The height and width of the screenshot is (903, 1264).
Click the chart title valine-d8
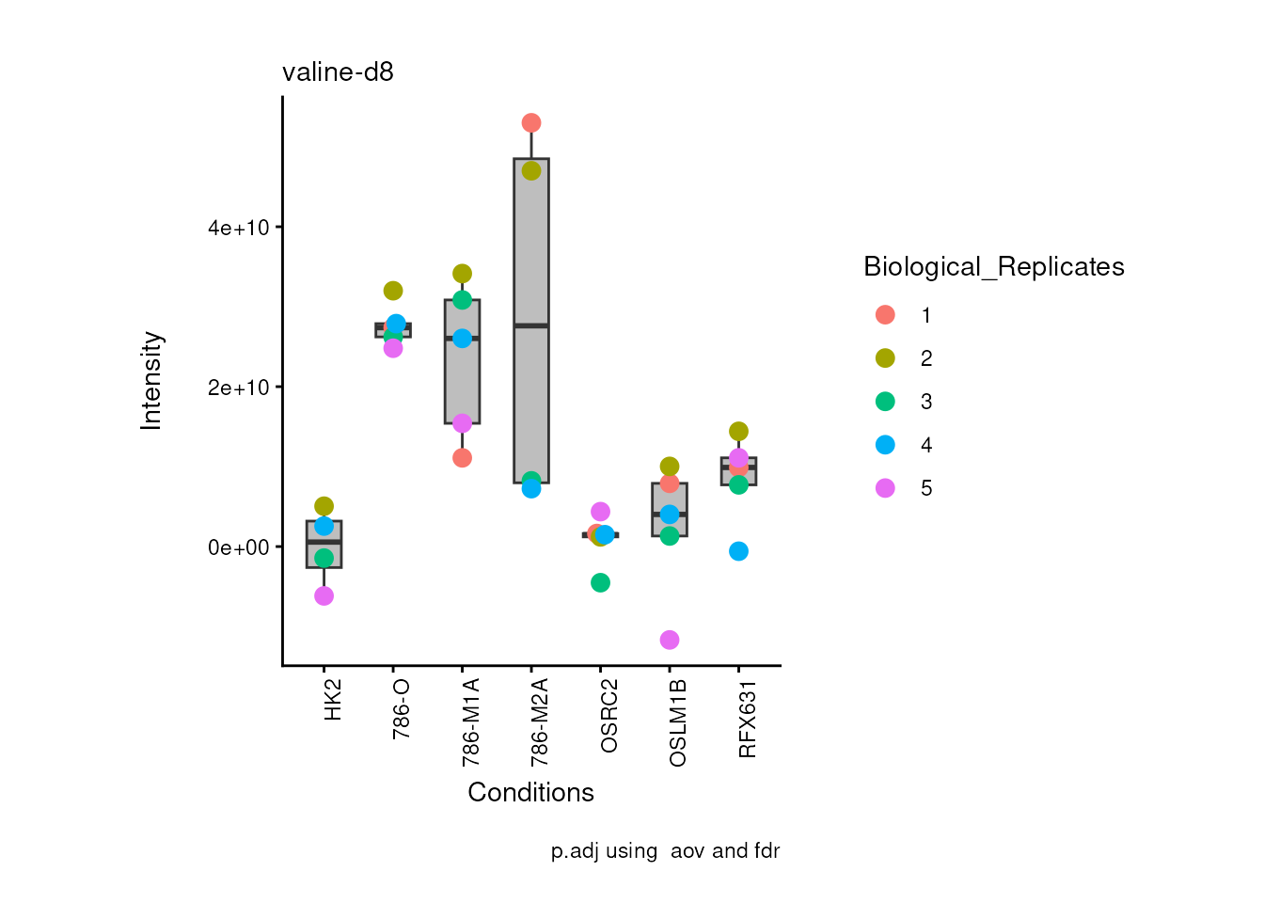[x=338, y=72]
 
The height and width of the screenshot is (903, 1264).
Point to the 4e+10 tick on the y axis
[x=239, y=229]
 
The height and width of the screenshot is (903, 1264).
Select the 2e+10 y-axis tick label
[x=239, y=388]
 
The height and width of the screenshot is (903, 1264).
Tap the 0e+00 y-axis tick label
[x=239, y=547]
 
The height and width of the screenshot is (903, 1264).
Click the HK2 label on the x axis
[x=333, y=701]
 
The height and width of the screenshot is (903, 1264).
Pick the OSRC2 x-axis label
[x=608, y=716]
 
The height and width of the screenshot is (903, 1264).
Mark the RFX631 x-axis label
[x=748, y=720]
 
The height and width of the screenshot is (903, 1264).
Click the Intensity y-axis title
[x=151, y=381]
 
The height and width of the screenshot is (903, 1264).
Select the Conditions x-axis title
[x=530, y=793]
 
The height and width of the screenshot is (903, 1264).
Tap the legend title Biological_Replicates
[x=993, y=267]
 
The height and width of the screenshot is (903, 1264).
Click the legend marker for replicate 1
[x=885, y=315]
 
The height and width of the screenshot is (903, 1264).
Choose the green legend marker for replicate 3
[x=885, y=402]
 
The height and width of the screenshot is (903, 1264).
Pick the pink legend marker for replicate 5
[x=885, y=488]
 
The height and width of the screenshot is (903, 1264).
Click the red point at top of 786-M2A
[x=531, y=123]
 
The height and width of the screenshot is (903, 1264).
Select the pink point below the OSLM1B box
[x=670, y=640]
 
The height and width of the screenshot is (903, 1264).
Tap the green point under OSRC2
[x=600, y=583]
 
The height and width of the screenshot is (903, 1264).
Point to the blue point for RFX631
[x=738, y=551]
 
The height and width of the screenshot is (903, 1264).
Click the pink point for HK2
[x=324, y=596]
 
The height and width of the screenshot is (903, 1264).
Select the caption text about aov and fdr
[x=665, y=851]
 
